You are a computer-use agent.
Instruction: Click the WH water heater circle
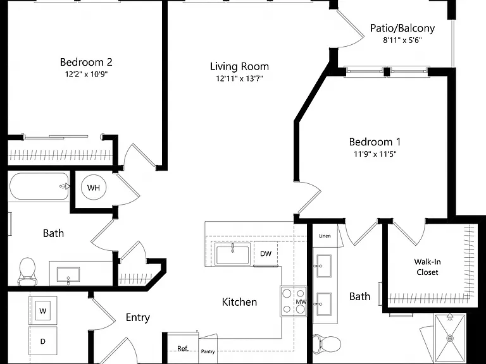(93, 188)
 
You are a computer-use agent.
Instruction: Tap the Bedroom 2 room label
(86, 62)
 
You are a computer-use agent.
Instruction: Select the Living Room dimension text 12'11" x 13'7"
(239, 78)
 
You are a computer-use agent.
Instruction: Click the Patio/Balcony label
(402, 28)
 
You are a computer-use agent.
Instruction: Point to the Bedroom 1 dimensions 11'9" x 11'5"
(375, 154)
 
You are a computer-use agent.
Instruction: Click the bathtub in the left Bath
(39, 186)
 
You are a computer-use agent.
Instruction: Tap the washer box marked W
(43, 310)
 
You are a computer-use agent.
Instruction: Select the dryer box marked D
(43, 341)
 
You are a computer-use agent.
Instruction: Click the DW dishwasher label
(266, 254)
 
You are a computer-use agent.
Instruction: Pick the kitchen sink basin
(232, 254)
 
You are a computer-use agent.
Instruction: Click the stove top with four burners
(293, 301)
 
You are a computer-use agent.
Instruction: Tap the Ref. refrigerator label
(183, 349)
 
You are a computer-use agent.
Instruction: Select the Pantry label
(208, 351)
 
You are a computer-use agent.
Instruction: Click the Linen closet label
(325, 236)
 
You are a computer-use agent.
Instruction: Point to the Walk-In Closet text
(427, 267)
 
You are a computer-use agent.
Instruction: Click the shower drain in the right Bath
(450, 338)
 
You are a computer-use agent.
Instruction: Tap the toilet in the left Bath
(27, 272)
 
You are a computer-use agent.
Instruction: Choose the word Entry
(138, 318)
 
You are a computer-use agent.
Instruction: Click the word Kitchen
(239, 302)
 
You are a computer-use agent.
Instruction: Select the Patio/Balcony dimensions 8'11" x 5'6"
(402, 40)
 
